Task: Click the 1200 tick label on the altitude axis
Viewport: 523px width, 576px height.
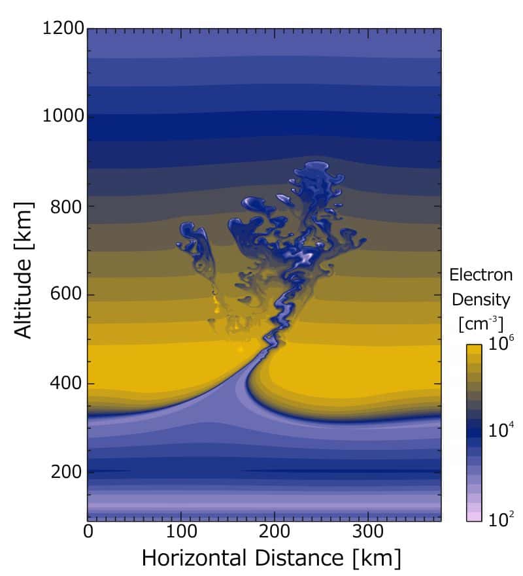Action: coord(63,29)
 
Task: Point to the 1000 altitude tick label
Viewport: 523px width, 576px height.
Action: coord(63,117)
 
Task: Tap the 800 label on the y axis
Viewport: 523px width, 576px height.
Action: coord(67,206)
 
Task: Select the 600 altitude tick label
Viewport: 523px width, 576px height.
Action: coord(67,294)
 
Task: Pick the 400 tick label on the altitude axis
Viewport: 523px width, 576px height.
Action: coord(67,383)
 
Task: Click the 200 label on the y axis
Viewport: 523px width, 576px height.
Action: coord(67,471)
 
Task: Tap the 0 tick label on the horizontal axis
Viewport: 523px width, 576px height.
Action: coord(88,531)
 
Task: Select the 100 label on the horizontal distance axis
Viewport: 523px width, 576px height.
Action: coord(181,531)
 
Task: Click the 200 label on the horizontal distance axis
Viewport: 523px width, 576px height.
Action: coord(275,531)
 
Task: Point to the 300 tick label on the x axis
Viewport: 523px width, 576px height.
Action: coord(367,531)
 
